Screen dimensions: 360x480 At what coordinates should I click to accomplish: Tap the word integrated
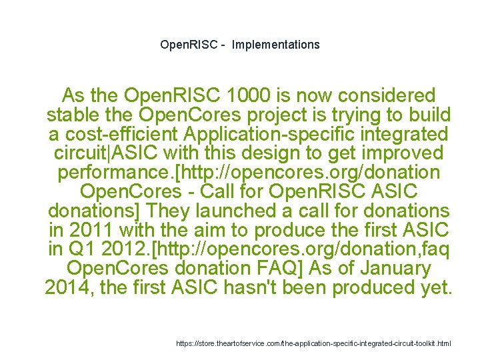click(x=403, y=134)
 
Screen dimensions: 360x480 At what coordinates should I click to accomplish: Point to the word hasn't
click(x=294, y=289)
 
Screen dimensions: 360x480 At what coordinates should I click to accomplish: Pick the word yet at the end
click(x=437, y=289)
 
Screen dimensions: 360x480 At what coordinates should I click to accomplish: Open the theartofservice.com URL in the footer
click(x=313, y=343)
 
